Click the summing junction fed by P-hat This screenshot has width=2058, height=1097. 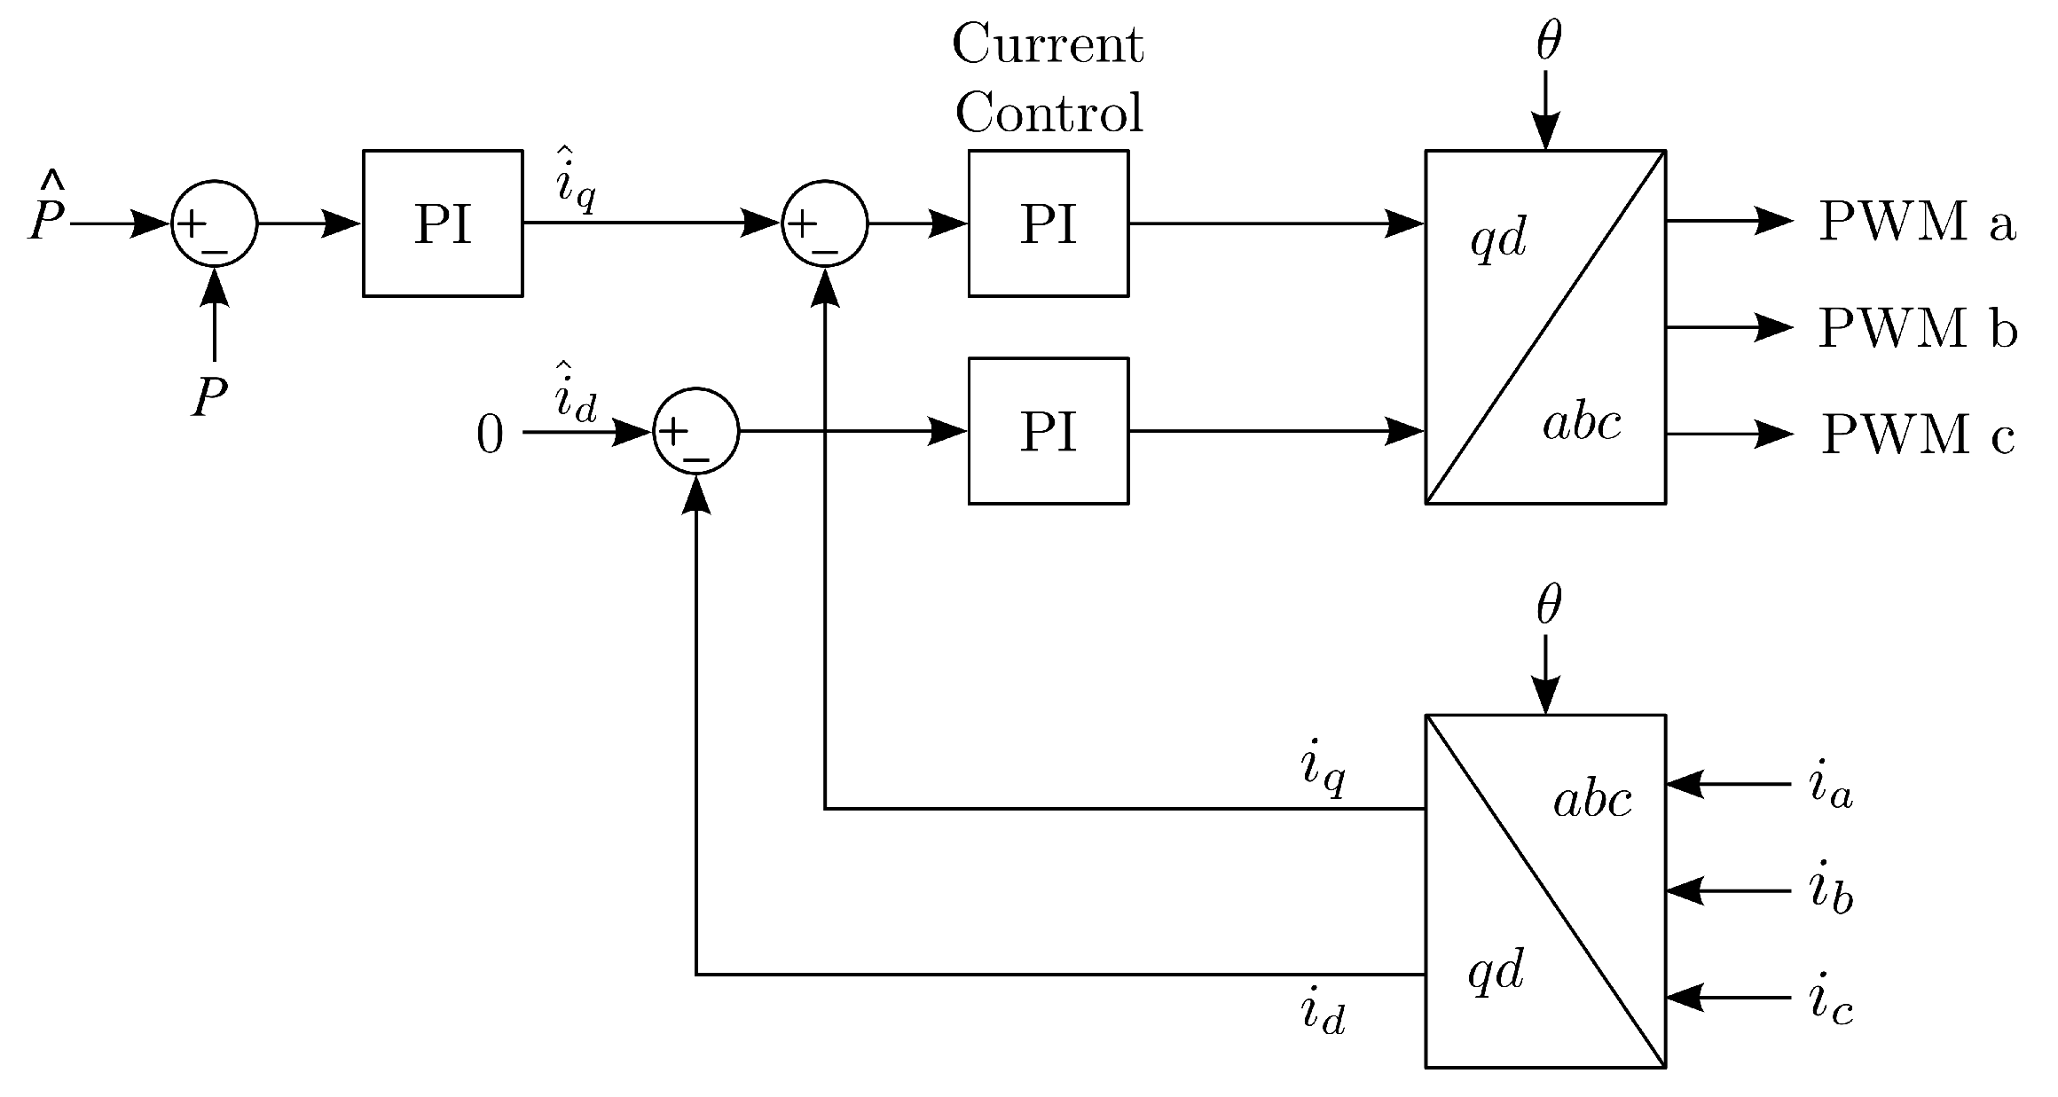pyautogui.click(x=214, y=223)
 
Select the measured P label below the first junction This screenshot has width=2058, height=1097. pyautogui.click(x=210, y=397)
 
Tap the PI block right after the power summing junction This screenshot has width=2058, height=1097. pyautogui.click(x=443, y=223)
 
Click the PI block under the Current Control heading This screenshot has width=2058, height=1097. pyautogui.click(x=1048, y=223)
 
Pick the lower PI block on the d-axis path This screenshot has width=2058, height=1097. pyautogui.click(x=1048, y=431)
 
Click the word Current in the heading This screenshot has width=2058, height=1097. pyautogui.click(x=1048, y=44)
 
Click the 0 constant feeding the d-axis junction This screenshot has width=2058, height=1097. pyautogui.click(x=490, y=435)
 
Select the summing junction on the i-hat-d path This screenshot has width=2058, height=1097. pyautogui.click(x=696, y=431)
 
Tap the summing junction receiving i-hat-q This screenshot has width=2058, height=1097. pyautogui.click(x=824, y=223)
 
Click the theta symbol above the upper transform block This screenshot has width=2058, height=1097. pyautogui.click(x=1548, y=42)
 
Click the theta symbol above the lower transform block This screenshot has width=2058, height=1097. pyautogui.click(x=1548, y=607)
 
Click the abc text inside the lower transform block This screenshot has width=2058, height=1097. pyautogui.click(x=1592, y=801)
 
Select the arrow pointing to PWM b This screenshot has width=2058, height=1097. pyautogui.click(x=1730, y=328)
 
